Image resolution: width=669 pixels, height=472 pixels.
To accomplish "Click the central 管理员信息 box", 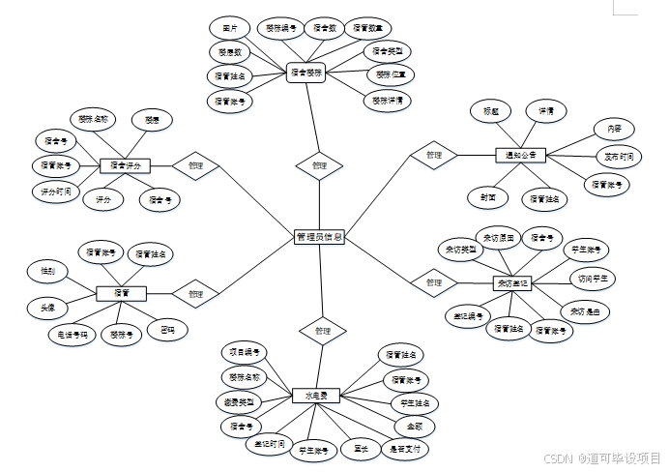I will click(320, 237).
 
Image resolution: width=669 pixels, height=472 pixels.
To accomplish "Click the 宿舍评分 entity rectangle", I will click(125, 165).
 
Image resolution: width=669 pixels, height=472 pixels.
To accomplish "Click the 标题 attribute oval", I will click(492, 110).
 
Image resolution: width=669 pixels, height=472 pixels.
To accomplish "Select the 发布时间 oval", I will click(620, 155).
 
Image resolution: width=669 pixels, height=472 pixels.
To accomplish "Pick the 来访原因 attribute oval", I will click(499, 236).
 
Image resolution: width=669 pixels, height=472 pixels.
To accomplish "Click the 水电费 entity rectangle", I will click(317, 396).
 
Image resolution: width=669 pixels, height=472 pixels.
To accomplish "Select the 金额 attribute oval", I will click(414, 426).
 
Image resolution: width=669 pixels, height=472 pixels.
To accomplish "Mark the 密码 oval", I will click(167, 330).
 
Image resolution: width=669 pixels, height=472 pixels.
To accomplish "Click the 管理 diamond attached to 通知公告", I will click(433, 155).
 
